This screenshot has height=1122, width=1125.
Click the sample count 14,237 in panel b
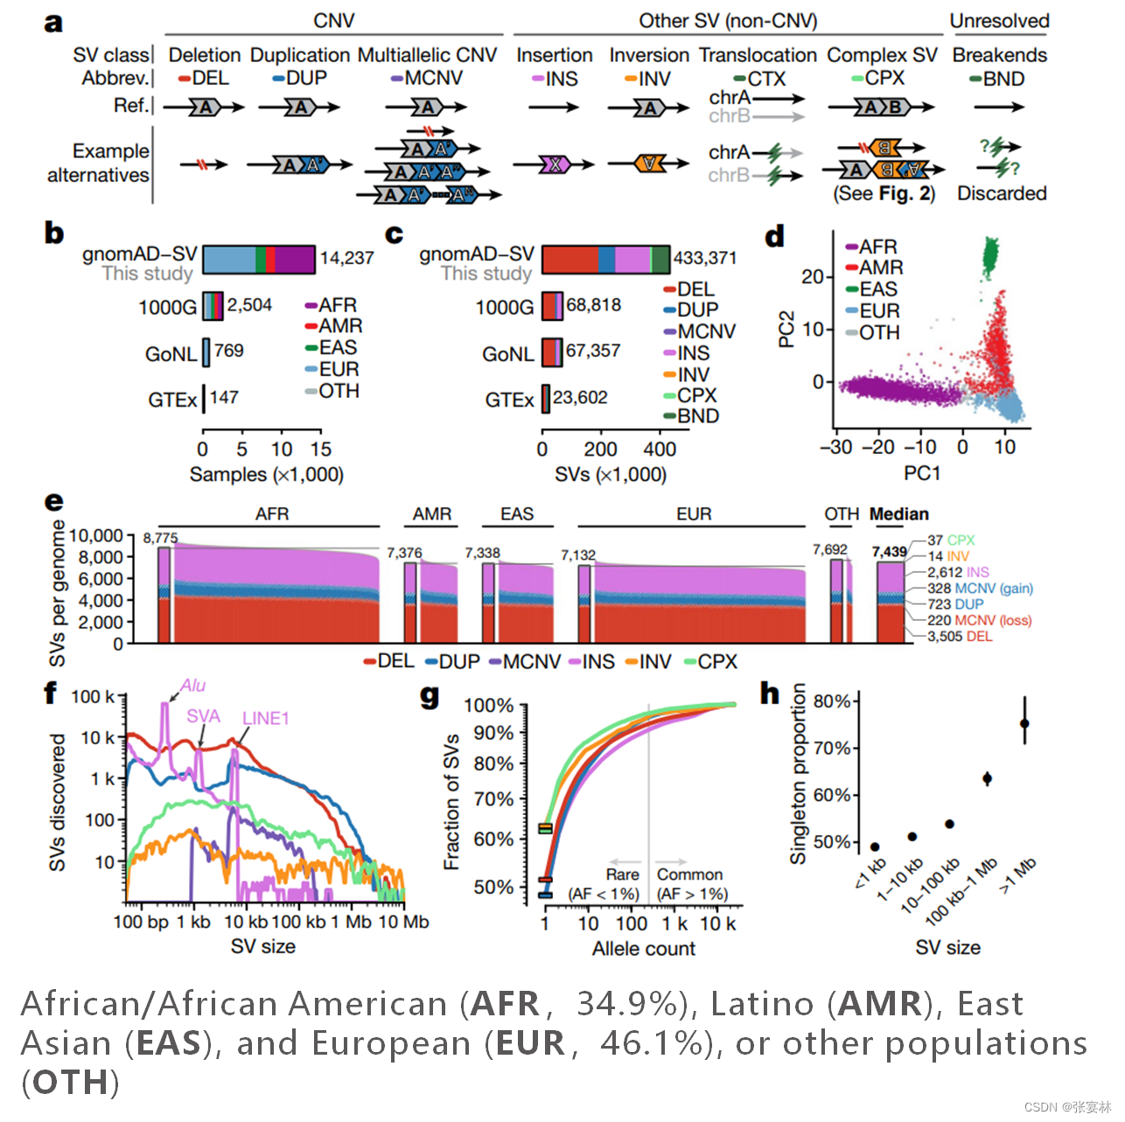click(346, 258)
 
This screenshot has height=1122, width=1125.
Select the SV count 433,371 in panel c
click(704, 258)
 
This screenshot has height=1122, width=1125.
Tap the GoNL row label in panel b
click(171, 354)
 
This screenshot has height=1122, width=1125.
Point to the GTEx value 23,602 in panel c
click(579, 398)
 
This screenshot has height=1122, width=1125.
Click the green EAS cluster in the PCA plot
click(990, 256)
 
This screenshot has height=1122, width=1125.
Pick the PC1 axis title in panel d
click(922, 473)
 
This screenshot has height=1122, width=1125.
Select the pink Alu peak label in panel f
click(193, 686)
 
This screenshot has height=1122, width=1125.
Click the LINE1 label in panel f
click(265, 718)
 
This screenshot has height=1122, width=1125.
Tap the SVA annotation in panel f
click(203, 716)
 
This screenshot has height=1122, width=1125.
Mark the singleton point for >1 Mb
click(1024, 724)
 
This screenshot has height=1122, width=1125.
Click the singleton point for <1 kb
click(875, 847)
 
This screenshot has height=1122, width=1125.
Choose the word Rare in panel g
click(622, 875)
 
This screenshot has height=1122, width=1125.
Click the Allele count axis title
click(643, 949)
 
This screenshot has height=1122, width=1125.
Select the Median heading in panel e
click(898, 514)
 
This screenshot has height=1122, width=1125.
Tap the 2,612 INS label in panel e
click(958, 572)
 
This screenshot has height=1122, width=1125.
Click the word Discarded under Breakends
click(1002, 193)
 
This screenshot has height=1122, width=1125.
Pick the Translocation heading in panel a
click(758, 55)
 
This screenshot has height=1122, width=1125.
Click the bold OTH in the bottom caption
click(70, 1083)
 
